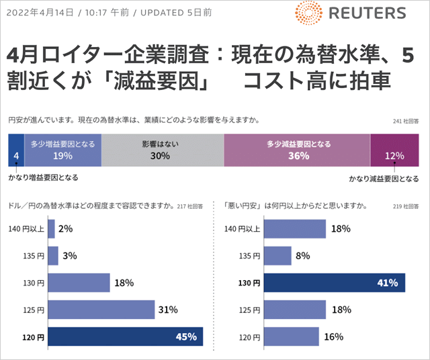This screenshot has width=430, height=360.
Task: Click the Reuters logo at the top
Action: pos(349,13)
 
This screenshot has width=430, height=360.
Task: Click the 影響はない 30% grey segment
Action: pos(161,150)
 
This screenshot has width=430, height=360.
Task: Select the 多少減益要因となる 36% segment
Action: pos(296,150)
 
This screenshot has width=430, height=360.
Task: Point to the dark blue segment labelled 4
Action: pos(15,150)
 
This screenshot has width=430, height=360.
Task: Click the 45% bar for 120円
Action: pos(125,336)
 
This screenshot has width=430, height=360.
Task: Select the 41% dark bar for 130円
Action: pos(334,283)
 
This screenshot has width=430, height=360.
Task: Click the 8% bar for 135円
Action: pos(277,256)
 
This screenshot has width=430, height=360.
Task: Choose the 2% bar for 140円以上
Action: pos(52,228)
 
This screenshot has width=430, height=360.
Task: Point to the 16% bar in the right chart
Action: pos(291,336)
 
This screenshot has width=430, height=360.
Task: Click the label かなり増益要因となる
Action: pos(43,178)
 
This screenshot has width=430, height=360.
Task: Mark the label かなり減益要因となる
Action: pos(384,179)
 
